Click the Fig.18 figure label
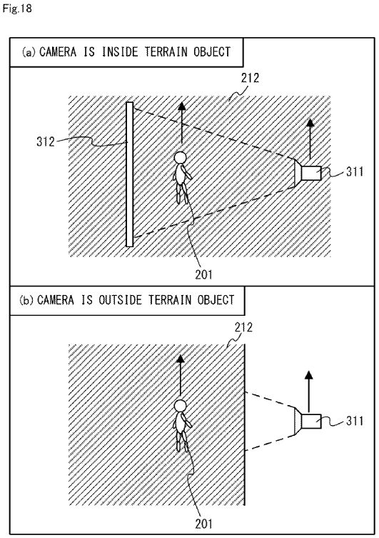pos(17,9)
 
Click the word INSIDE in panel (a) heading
pos(120,52)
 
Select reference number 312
pos(46,141)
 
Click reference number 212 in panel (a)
pos(250,78)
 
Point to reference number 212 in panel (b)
pos(243,327)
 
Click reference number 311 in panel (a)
pos(355,171)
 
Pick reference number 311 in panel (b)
pos(355,421)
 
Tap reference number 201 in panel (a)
pos(204,274)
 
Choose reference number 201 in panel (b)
pos(204,524)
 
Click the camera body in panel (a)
pos(311,173)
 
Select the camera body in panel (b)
pos(311,421)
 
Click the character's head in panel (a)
pos(181,157)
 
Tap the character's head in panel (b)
pos(181,406)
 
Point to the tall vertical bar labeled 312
pos(129,174)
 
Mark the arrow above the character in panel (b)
pos(180,375)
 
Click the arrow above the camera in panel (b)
pos(309,392)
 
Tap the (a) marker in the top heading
pos(29,52)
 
